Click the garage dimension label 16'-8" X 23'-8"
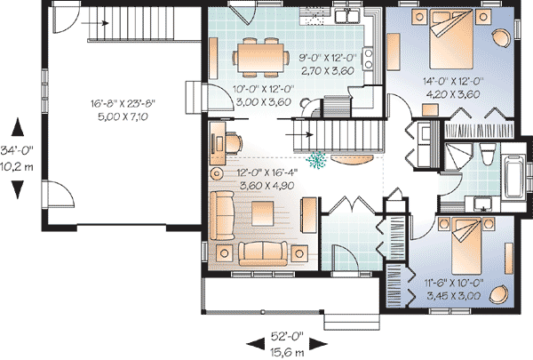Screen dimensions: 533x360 (x=123, y=103)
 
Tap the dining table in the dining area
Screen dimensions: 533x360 (x=260, y=58)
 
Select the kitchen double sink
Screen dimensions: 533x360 (x=347, y=16)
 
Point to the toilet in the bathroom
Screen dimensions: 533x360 (x=488, y=155)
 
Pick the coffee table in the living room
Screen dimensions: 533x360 (x=262, y=213)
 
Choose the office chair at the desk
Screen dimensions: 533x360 (x=234, y=143)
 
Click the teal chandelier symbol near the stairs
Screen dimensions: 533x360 (x=316, y=160)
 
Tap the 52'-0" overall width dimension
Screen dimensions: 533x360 (x=287, y=336)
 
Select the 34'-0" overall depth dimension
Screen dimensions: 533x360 (x=17, y=150)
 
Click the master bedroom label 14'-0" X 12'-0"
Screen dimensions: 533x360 (x=453, y=81)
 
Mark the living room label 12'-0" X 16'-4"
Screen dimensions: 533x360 (x=267, y=172)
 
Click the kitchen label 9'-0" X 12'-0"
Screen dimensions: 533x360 (x=327, y=58)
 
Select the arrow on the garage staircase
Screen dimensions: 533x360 (x=95, y=23)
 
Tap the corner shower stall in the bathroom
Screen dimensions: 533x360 (x=458, y=156)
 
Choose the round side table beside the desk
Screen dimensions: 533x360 (x=217, y=173)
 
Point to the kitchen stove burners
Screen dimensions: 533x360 (x=368, y=59)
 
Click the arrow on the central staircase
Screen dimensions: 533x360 (x=299, y=135)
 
